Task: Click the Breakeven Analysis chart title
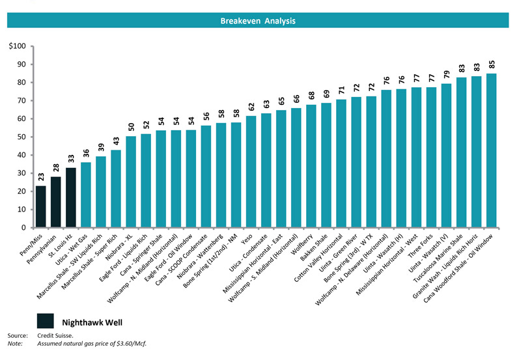coord(257,21)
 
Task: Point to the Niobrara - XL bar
coord(131,182)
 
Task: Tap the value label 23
coord(41,178)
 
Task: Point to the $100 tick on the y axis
coord(17,46)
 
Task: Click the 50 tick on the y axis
coord(21,137)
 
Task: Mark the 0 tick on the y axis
coord(23,228)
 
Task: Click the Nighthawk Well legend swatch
coord(45,320)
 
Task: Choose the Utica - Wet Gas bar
coord(86,195)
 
